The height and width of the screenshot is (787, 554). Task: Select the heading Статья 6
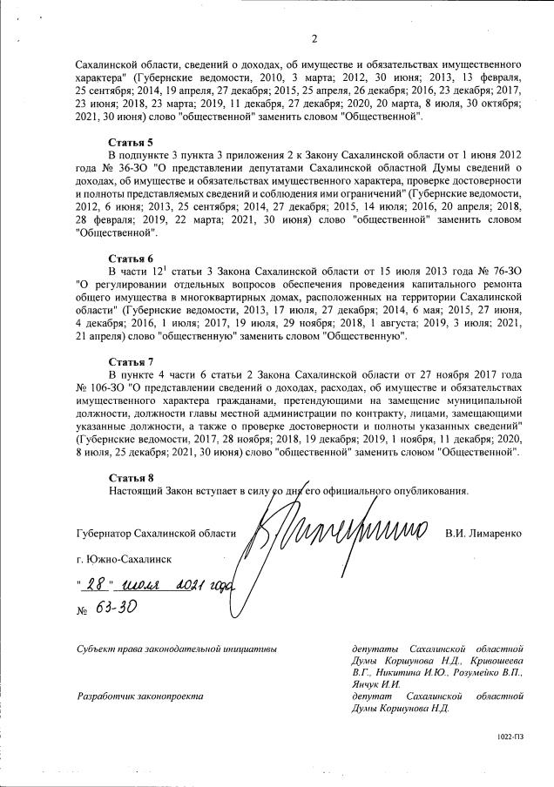point(131,259)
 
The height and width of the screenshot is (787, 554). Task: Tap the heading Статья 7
point(131,360)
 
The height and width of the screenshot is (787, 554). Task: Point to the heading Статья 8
point(131,478)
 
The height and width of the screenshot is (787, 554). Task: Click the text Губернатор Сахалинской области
point(156,532)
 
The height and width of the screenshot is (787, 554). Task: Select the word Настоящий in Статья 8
point(138,491)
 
